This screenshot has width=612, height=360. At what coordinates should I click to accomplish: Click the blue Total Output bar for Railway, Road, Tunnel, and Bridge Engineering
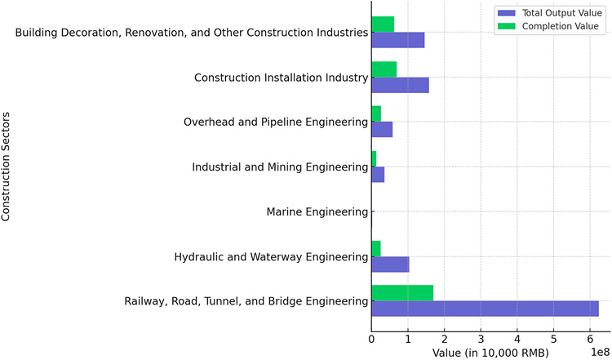[485, 309]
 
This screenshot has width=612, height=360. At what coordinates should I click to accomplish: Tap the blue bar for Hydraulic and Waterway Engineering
[390, 264]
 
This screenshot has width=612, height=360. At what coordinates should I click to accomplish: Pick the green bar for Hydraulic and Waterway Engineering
[376, 248]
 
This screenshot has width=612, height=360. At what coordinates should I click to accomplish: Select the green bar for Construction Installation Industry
[384, 69]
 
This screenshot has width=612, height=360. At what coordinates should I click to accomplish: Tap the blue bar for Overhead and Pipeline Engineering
[382, 130]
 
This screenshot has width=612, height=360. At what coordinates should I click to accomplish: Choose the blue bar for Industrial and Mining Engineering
[378, 175]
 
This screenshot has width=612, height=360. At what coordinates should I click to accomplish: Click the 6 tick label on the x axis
[590, 337]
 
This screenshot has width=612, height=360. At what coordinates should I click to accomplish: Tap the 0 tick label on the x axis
[371, 337]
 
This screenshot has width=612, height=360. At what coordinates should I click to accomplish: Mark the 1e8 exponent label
[597, 352]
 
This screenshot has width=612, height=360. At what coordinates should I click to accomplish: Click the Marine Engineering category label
[317, 212]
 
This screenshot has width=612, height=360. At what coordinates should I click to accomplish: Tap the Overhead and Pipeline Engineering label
[276, 122]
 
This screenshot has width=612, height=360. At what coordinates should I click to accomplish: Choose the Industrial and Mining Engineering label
[280, 167]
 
